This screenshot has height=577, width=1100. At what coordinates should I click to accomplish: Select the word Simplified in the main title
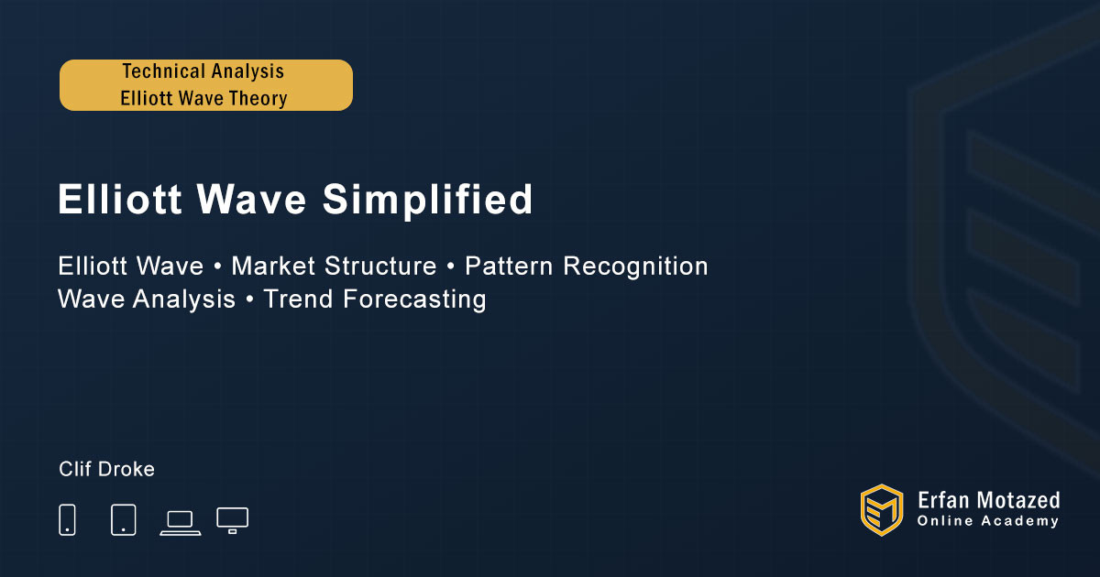(x=427, y=200)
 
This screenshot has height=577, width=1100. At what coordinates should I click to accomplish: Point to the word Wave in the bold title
(x=251, y=200)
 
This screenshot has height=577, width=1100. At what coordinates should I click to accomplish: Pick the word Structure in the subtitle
(x=380, y=266)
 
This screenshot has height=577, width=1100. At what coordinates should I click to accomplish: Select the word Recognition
(x=635, y=267)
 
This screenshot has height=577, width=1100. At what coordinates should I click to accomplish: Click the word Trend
(x=298, y=299)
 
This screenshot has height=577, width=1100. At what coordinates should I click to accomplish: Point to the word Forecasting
(x=414, y=299)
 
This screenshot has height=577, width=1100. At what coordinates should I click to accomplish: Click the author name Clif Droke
(x=106, y=469)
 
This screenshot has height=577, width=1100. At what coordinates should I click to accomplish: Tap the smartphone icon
(x=67, y=519)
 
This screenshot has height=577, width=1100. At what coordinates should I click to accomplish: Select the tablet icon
(x=123, y=519)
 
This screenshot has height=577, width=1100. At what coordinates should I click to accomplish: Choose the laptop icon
(x=181, y=523)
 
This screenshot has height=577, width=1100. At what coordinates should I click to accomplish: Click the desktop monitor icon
(x=232, y=520)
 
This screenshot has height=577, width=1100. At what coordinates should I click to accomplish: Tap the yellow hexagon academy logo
(x=882, y=510)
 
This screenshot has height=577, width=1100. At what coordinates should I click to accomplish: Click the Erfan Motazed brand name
(x=988, y=501)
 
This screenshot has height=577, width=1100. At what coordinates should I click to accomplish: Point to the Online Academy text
(x=987, y=521)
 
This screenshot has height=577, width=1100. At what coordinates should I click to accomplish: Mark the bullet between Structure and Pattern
(x=451, y=267)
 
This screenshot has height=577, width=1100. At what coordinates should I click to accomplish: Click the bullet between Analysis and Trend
(x=249, y=299)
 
